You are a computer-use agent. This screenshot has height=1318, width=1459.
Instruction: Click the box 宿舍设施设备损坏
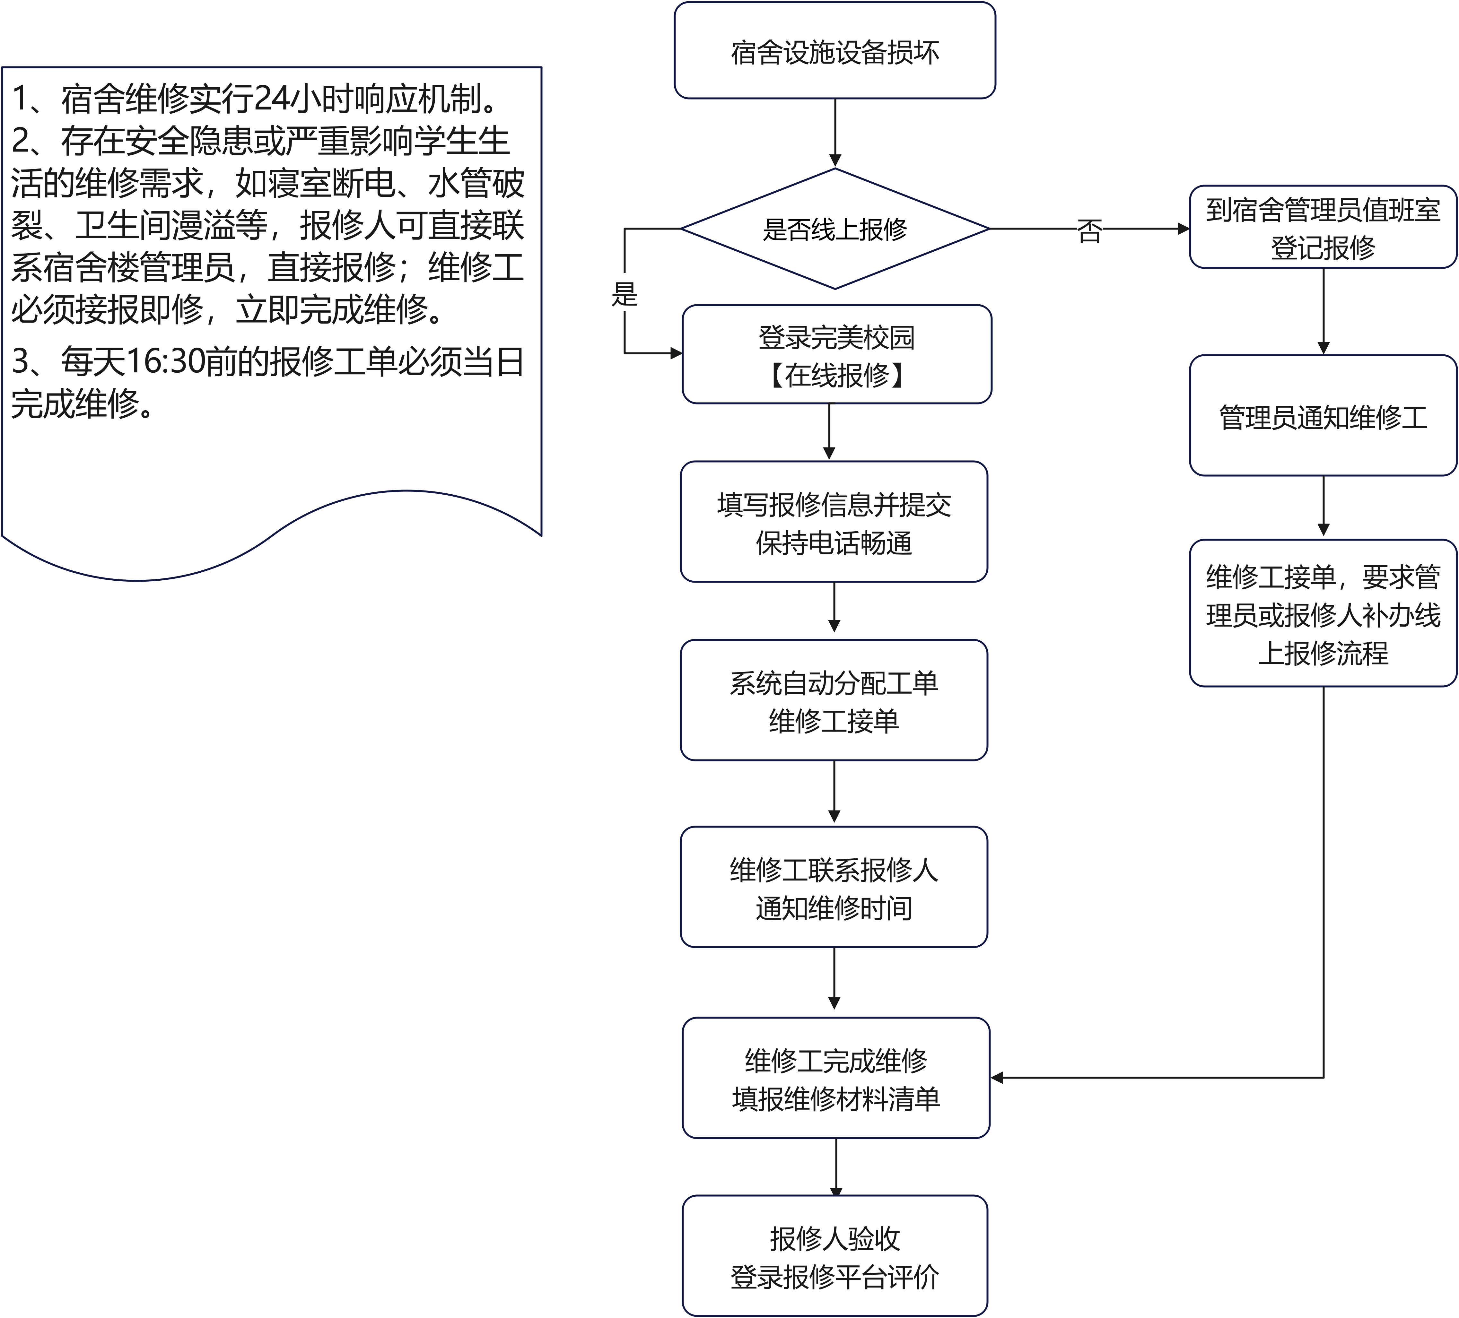pos(834,51)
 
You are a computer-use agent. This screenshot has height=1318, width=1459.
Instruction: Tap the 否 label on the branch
pos(1089,231)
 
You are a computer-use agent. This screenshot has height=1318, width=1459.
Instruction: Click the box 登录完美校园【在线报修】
pos(837,354)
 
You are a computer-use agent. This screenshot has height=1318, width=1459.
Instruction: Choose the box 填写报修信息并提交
pos(834,505)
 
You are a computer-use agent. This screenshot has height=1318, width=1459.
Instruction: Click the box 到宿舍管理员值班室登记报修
pos(1323,227)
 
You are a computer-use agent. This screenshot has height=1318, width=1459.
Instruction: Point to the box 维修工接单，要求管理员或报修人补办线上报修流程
pos(1323,613)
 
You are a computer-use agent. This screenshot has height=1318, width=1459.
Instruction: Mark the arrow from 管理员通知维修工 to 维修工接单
pos(1323,506)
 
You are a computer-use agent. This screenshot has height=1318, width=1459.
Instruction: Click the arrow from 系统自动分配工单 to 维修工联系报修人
pos(834,792)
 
